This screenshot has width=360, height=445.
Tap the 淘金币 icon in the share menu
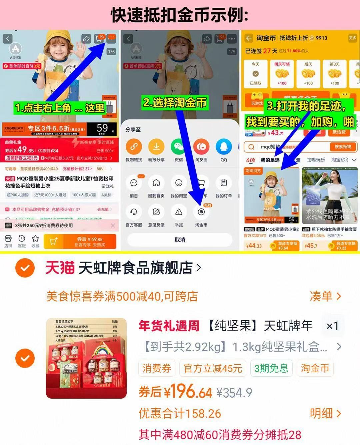coord(201,212)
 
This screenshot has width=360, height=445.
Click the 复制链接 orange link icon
coord(134,147)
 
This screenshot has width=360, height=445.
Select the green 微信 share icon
coord(179,147)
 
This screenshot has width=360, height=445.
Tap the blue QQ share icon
coord(224,147)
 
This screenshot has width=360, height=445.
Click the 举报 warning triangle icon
coord(179,212)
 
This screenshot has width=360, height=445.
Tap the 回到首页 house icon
coord(156,183)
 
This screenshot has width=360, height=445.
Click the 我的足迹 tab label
coord(270,160)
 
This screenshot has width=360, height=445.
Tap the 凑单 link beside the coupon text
coord(325,296)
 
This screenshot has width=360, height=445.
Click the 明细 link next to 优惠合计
coord(325,414)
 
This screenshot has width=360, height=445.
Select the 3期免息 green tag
coord(271,368)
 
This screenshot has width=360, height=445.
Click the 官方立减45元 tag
coord(213,368)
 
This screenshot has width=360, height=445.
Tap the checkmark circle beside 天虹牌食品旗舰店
coord(25,268)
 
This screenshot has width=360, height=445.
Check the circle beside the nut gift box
coord(25,358)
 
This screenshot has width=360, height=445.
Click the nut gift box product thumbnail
coord(86,358)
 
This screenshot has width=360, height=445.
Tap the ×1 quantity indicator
coord(332,326)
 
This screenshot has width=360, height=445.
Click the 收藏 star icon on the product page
coord(35,239)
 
